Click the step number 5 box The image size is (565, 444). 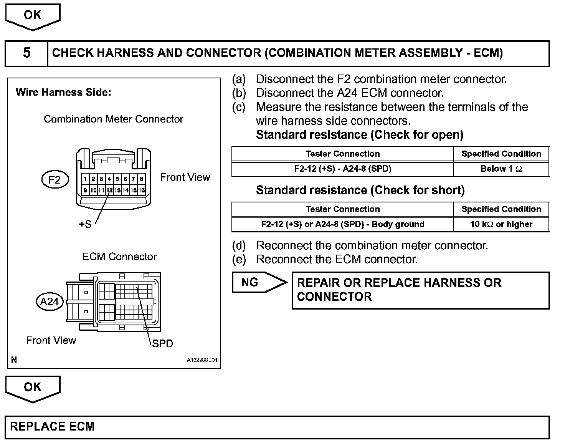(26, 53)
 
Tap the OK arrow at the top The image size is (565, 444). (33, 16)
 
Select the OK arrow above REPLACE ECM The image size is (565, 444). (33, 388)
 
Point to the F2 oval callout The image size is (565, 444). (55, 180)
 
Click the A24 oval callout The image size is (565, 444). (49, 302)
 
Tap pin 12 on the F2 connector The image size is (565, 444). (109, 190)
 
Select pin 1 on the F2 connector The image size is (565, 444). (85, 179)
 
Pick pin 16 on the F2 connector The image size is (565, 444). (142, 190)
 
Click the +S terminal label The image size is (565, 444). (85, 224)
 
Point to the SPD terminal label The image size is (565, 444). (162, 343)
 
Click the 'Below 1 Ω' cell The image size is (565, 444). (501, 169)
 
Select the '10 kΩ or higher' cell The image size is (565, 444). (501, 224)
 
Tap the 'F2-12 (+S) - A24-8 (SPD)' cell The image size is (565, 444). (342, 169)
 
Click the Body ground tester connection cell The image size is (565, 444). (342, 224)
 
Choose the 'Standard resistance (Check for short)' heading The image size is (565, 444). (360, 190)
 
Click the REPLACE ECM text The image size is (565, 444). (52, 427)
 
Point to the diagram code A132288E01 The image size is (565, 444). (202, 360)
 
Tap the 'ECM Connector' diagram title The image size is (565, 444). (119, 257)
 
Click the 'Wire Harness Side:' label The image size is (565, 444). (63, 92)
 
